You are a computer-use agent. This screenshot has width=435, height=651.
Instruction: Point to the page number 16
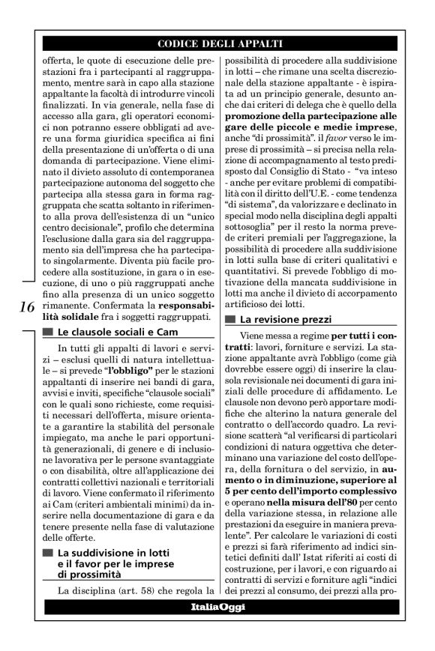point(24,308)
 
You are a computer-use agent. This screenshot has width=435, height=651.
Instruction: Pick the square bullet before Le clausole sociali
point(49,332)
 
